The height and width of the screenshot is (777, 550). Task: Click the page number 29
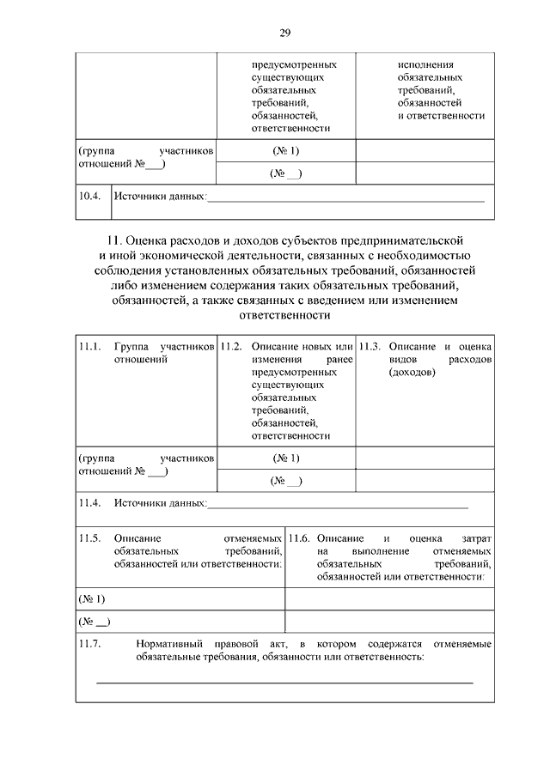(x=284, y=33)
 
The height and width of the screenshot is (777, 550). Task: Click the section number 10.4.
(x=89, y=197)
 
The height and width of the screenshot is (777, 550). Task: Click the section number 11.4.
(x=90, y=502)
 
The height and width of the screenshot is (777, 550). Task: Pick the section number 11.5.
(x=90, y=537)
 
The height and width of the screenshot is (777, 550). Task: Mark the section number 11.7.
(x=90, y=643)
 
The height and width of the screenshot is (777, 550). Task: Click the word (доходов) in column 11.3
(x=412, y=373)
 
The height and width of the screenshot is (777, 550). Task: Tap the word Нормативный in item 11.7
(x=171, y=643)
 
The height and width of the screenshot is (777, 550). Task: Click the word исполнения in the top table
(x=426, y=64)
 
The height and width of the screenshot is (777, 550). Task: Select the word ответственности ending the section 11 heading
(x=284, y=315)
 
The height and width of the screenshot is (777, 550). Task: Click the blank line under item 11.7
(x=284, y=683)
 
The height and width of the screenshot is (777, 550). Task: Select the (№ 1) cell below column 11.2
(x=286, y=458)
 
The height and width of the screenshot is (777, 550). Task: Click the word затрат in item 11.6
(x=475, y=537)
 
